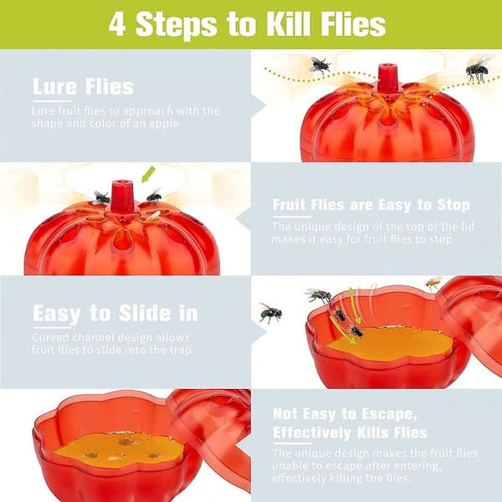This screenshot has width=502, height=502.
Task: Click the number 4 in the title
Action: [x=117, y=24]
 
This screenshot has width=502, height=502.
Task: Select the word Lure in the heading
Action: [x=54, y=86]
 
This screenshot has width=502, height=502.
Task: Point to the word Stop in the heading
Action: [x=453, y=205]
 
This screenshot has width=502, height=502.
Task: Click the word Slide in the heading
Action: [x=145, y=313]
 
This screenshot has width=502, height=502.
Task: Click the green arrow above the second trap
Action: [x=148, y=175]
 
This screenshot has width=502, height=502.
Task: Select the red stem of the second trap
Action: [x=122, y=195]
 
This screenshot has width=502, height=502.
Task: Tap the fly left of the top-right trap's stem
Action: [x=320, y=65]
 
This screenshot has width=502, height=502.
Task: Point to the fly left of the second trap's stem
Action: [x=101, y=197]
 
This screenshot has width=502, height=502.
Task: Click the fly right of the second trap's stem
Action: [x=154, y=195]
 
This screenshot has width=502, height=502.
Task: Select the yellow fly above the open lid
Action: [x=433, y=283]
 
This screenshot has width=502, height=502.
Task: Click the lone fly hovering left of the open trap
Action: [x=269, y=312]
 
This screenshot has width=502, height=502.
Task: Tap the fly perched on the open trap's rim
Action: [x=319, y=295]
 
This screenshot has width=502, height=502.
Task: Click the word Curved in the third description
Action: [x=50, y=337]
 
